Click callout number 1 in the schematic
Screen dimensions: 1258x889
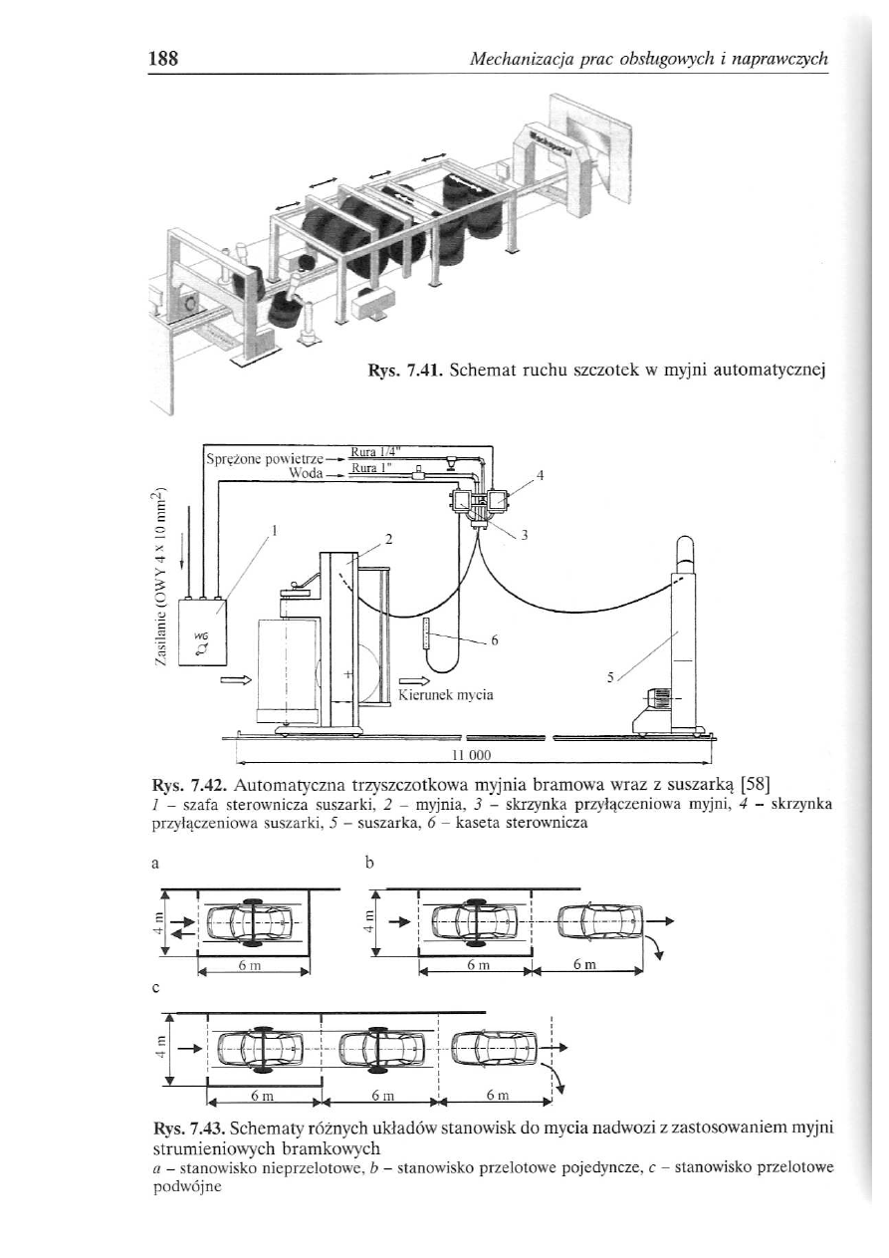point(275,530)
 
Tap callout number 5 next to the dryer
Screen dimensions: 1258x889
point(609,676)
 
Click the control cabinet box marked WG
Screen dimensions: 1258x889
point(203,630)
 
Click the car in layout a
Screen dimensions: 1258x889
point(256,922)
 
